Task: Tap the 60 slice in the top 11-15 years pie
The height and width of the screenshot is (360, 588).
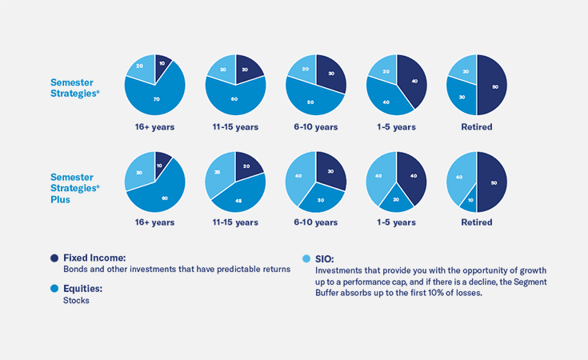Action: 234,98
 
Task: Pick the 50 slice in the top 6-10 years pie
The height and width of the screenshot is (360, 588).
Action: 310,101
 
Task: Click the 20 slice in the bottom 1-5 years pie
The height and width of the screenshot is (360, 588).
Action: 397,198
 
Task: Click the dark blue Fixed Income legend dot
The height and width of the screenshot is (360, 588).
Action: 54,258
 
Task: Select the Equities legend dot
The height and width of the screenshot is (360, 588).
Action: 54,288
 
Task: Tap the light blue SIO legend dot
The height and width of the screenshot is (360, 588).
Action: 307,258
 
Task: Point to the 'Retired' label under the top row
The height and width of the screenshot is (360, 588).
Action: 476,126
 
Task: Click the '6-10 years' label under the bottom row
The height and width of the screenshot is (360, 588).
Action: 315,222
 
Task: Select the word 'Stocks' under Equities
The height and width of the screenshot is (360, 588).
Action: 77,301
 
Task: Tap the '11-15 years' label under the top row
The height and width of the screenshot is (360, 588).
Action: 235,126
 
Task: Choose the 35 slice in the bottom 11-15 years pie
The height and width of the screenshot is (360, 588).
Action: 219,174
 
